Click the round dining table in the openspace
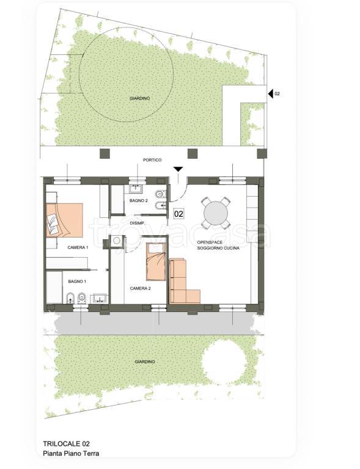click(216, 213)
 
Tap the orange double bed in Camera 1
click(64, 220)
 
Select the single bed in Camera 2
click(156, 262)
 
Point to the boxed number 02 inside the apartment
click(178, 214)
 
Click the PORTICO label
click(152, 160)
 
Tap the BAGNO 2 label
click(139, 201)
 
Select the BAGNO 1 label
click(77, 282)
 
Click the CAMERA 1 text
click(78, 247)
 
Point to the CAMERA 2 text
click(141, 288)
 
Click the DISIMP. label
click(138, 224)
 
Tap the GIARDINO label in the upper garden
click(140, 98)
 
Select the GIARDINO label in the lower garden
click(145, 362)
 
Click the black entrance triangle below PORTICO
click(178, 169)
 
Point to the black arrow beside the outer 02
click(271, 93)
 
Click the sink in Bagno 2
click(137, 189)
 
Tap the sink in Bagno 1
click(99, 298)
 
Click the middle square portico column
click(193, 153)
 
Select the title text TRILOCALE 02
click(67, 444)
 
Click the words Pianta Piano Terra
click(72, 454)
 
